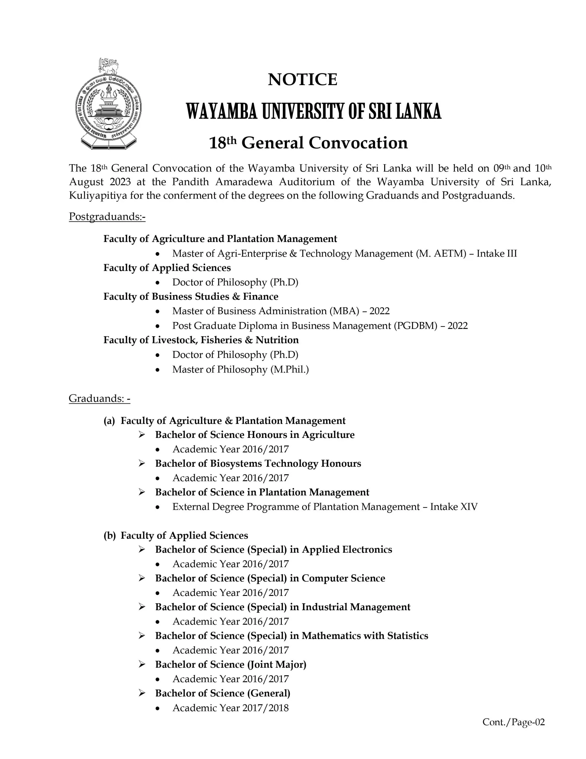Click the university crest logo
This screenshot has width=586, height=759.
tap(109, 104)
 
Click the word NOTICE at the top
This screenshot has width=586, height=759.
tap(302, 79)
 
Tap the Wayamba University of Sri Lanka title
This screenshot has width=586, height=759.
tap(313, 111)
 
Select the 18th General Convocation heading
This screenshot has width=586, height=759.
tap(308, 143)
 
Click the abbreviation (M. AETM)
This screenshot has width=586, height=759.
tap(441, 253)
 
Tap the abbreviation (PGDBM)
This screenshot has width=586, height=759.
tap(415, 326)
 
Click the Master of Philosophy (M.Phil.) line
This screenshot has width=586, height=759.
tap(240, 369)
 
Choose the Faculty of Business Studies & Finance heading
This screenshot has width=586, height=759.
tap(191, 296)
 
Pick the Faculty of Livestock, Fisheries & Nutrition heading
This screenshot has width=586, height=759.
tap(201, 340)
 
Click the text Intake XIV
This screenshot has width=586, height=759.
tap(454, 507)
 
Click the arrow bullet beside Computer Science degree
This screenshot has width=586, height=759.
tap(142, 578)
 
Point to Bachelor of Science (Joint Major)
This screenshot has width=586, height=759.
tap(231, 664)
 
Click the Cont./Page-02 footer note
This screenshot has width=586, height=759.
tap(513, 722)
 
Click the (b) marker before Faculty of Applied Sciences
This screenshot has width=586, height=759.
tap(109, 535)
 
